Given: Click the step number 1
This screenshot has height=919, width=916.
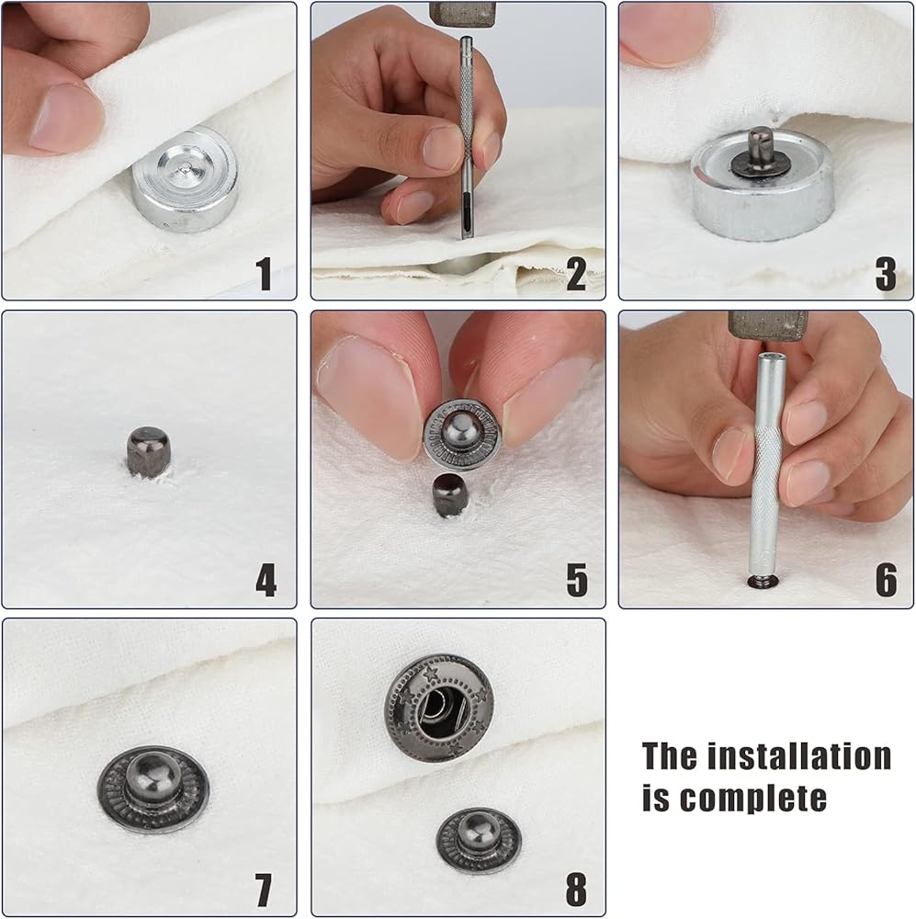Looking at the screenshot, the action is (264, 273).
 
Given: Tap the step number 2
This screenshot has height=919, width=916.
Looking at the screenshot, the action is (576, 273).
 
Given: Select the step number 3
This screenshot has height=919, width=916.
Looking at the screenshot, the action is (886, 273).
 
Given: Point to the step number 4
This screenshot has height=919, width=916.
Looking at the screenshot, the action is (266, 580).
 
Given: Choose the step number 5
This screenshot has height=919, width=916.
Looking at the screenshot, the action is (577, 580).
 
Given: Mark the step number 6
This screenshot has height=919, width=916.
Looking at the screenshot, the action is (886, 580).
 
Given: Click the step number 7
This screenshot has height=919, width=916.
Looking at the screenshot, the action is (264, 890).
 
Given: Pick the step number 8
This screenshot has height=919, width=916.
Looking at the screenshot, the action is (576, 890).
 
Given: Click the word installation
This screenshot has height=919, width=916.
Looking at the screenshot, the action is (799, 755).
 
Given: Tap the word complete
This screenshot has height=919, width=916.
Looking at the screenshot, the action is (753, 799).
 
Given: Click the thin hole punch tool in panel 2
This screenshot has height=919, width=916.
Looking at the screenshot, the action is (466, 138).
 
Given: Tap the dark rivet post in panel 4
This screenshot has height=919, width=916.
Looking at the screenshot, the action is (149, 451).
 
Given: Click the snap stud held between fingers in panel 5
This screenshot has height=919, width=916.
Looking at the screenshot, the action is (462, 435).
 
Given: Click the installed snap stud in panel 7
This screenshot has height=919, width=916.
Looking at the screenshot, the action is (153, 789).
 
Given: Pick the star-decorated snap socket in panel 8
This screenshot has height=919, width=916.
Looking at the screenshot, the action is (439, 708).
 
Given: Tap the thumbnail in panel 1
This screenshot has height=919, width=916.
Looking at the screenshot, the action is (66, 118).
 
